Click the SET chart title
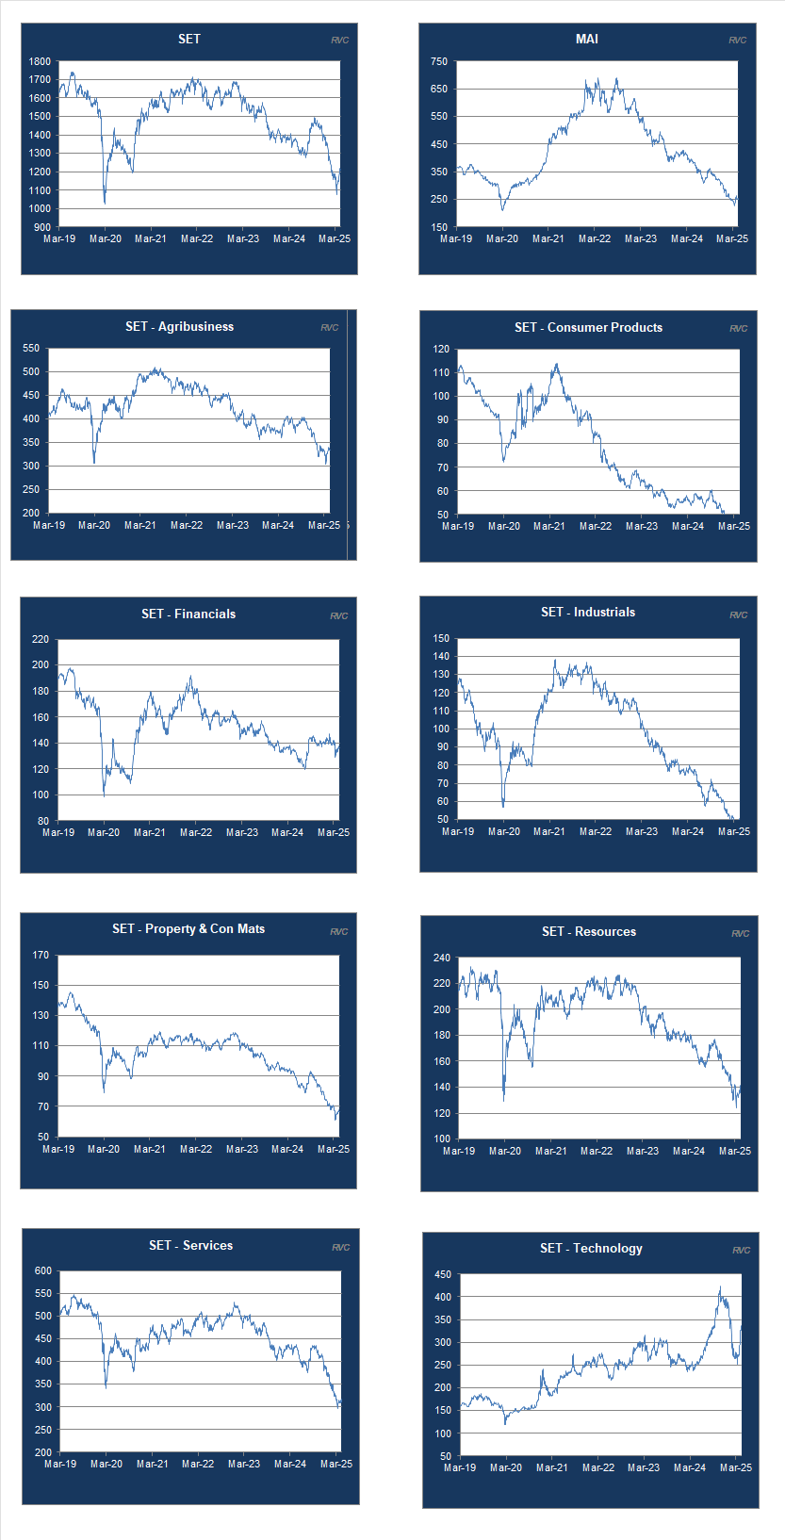[x=189, y=39]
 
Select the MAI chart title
[x=587, y=39]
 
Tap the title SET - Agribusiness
[x=179, y=326]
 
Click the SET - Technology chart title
[x=591, y=1248]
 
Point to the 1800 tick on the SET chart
[x=40, y=61]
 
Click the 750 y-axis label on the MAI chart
[x=439, y=61]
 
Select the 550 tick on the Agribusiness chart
[x=31, y=349]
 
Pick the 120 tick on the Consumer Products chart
[x=441, y=350]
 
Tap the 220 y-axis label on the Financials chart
[x=41, y=639]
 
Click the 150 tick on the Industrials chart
[x=441, y=639]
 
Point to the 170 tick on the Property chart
[x=41, y=956]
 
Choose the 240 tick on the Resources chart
[x=441, y=958]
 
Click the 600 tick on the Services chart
[x=43, y=1270]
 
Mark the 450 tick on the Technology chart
[x=442, y=1275]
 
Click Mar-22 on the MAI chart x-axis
[x=595, y=238]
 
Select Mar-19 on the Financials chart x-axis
[x=58, y=832]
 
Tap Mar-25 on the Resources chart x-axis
[x=735, y=1151]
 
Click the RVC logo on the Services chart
[x=340, y=1247]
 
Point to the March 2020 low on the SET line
[x=104, y=202]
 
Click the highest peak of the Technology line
[x=720, y=1286]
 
